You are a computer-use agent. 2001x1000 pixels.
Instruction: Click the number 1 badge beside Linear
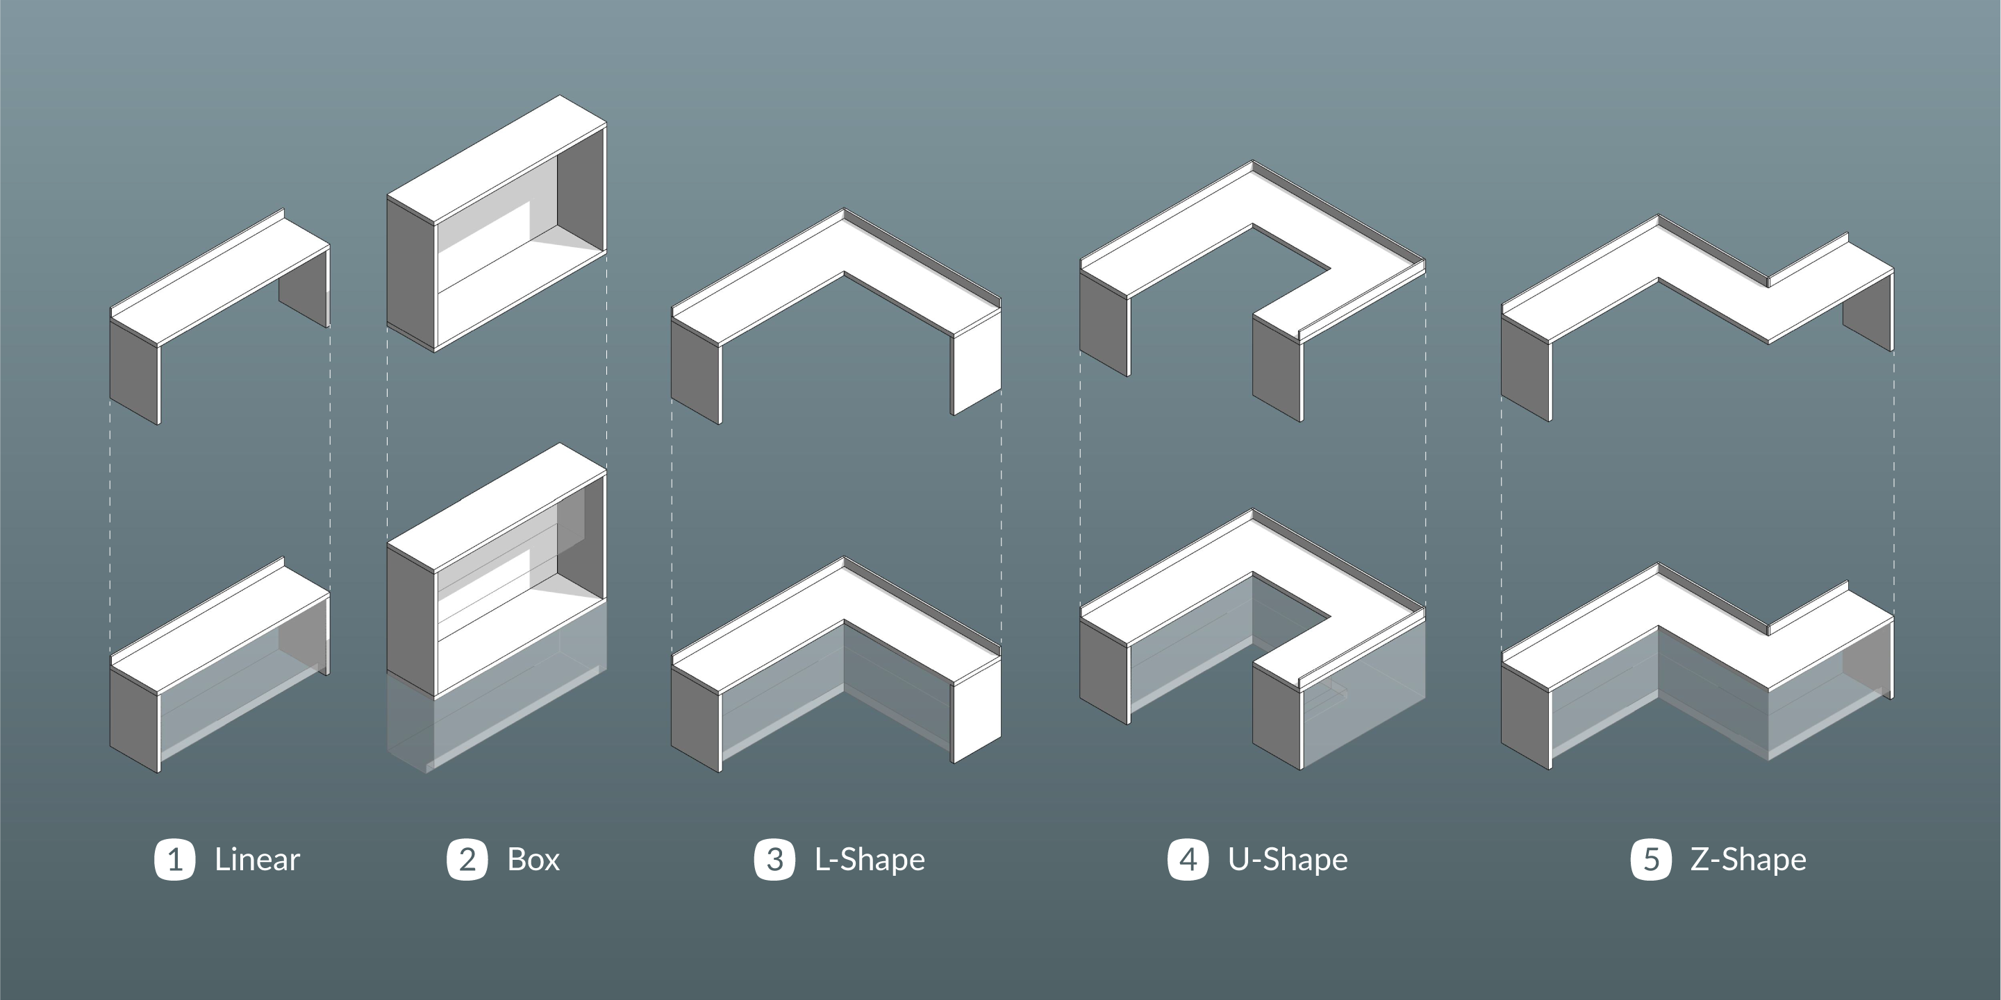point(175,859)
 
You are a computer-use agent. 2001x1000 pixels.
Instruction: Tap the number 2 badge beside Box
point(467,859)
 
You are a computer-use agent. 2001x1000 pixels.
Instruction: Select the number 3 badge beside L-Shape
point(774,859)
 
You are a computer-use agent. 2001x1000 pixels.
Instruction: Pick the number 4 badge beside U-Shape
point(1188,859)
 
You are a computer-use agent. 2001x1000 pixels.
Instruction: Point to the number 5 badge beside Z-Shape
point(1651,859)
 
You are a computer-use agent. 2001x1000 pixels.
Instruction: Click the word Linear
point(257,859)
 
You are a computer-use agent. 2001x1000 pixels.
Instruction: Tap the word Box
point(533,859)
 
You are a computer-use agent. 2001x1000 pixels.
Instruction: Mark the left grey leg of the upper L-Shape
point(695,372)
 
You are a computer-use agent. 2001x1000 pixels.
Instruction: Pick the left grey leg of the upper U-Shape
point(1104,325)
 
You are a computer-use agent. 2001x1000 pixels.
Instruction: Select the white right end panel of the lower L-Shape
point(977,711)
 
